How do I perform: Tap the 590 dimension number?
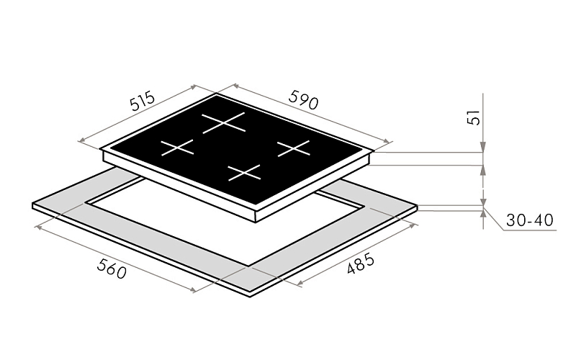point(302,99)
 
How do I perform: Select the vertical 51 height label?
point(473,117)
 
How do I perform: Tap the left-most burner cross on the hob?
point(177,148)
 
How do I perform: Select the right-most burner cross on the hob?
point(293,148)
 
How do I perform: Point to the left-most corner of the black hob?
point(103,152)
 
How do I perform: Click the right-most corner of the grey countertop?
point(418,206)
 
